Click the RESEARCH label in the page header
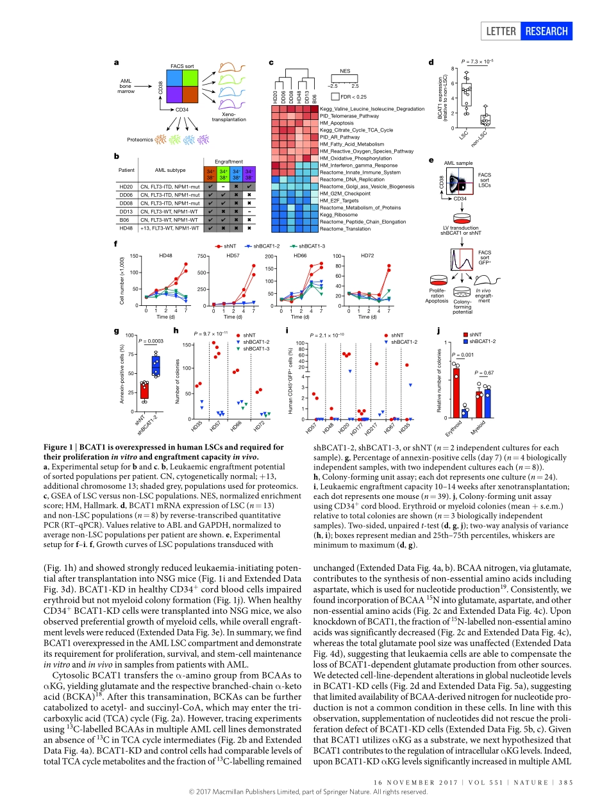pyautogui.click(x=546, y=31)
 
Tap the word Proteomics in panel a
pyautogui.click(x=139, y=139)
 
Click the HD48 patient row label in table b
pyautogui.click(x=126, y=228)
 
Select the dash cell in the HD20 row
pyautogui.click(x=224, y=186)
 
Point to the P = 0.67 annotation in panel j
pyautogui.click(x=485, y=373)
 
